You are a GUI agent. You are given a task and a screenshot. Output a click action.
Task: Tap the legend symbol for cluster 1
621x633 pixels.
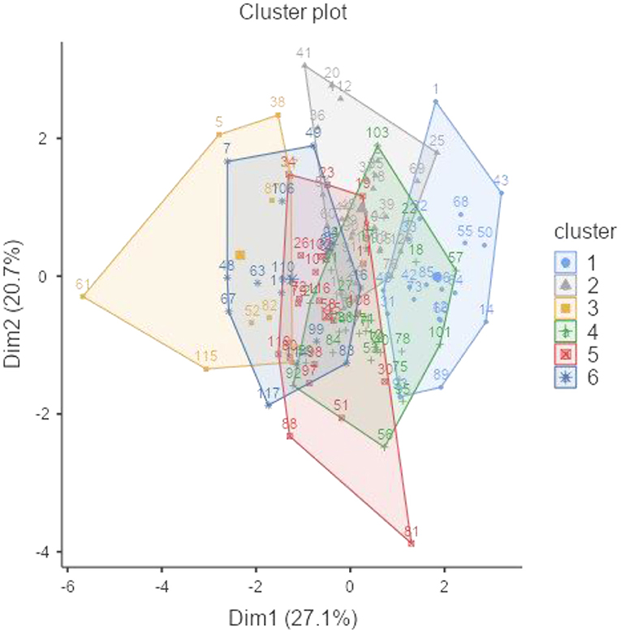(567, 261)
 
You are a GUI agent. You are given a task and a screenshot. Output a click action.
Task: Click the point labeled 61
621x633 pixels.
(83, 297)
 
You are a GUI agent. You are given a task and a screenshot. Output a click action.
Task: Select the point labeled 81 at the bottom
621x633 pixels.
(412, 543)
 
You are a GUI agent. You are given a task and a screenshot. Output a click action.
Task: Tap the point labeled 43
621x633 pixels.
(502, 193)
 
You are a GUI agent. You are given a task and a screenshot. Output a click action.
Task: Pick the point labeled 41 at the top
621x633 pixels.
(304, 65)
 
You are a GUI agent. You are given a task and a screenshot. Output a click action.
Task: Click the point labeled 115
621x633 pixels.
(206, 368)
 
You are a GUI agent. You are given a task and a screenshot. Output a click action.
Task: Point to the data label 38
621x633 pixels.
(278, 103)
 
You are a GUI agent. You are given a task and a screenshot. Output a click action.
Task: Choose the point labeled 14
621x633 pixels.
(486, 322)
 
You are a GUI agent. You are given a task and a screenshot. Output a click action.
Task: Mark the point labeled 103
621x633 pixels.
(377, 146)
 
